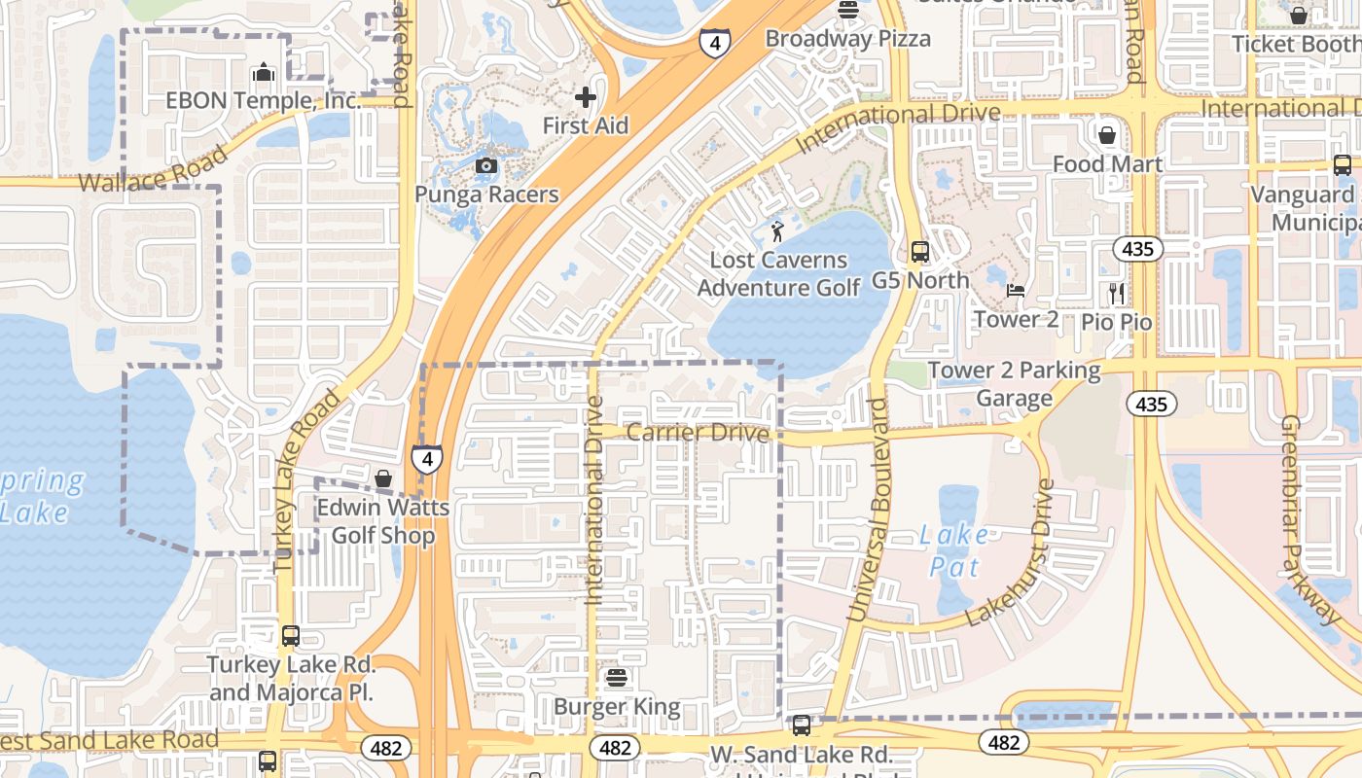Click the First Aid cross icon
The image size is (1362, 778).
coord(585,96)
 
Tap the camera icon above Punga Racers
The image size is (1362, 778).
coord(486,166)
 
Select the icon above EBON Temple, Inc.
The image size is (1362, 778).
coord(263,73)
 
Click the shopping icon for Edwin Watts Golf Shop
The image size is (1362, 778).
coord(383,478)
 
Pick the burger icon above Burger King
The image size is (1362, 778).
coord(616,677)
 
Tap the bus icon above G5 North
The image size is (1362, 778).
coord(919,252)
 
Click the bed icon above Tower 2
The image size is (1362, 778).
coord(1016,291)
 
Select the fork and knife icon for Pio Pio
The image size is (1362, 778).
coord(1116,293)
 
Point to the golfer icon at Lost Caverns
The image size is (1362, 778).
coord(777,231)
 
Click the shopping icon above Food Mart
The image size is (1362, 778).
coord(1107,134)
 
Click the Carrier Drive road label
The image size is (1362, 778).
coord(698,432)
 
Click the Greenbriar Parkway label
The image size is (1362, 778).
coord(1311,520)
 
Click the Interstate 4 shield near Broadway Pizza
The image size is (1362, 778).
coord(714,43)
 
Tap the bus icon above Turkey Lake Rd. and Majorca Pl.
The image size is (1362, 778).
coord(290,636)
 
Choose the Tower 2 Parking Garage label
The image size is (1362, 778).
coord(1014,384)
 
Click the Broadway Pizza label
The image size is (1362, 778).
coord(847,39)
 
